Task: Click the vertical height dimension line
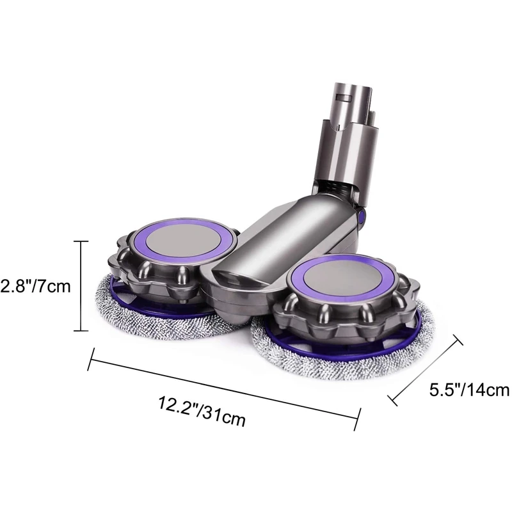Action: point(80,285)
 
